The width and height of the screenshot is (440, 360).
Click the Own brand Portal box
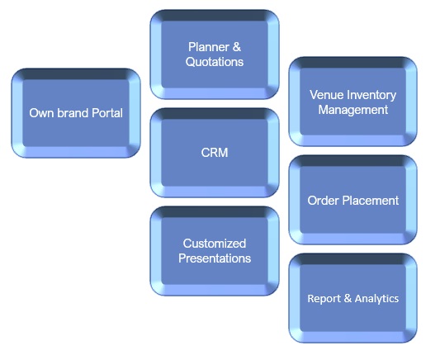point(76,113)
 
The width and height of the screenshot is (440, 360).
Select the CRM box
point(215,153)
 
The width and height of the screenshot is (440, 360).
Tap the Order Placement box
point(353,200)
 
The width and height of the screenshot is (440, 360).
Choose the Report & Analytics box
point(353,298)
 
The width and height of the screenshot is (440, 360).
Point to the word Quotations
point(215,62)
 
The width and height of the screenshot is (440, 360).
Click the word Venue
point(327,95)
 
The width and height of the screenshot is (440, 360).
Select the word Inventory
point(371,95)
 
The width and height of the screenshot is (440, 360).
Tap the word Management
point(353,110)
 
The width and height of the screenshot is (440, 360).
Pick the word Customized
point(215,244)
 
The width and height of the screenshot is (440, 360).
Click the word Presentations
point(215,258)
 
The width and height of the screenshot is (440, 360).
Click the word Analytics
point(376,299)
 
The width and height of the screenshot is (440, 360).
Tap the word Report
point(325,299)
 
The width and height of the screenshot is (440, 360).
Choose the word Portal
point(107,113)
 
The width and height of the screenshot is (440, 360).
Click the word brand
point(73,113)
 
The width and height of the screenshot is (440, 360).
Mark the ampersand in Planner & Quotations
point(237,47)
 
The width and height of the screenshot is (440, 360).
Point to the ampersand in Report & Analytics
point(348,298)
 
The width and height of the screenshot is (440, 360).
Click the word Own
point(42,113)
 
